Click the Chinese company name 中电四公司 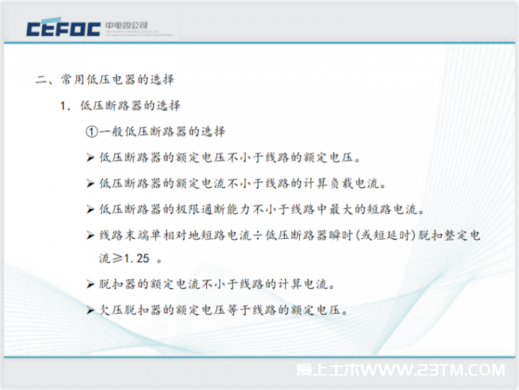pyautogui.click(x=126, y=25)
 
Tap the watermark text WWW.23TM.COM pyautogui.click(x=433, y=370)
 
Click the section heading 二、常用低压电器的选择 pyautogui.click(x=105, y=79)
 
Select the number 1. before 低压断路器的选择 pyautogui.click(x=65, y=106)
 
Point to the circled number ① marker pyautogui.click(x=92, y=132)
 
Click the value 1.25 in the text pyautogui.click(x=136, y=258)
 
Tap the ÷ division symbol pyautogui.click(x=258, y=235)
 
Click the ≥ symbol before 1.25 pyautogui.click(x=117, y=258)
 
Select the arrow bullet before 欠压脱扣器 pyautogui.click(x=90, y=310)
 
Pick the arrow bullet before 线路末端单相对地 pyautogui.click(x=90, y=235)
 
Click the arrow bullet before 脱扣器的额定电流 pyautogui.click(x=90, y=284)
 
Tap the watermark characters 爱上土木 pyautogui.click(x=328, y=370)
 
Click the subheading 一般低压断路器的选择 pyautogui.click(x=162, y=132)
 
